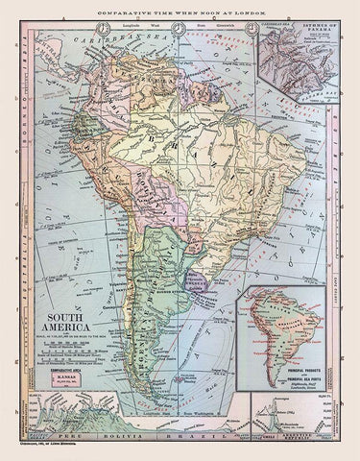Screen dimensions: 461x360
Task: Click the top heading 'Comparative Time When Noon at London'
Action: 180,8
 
